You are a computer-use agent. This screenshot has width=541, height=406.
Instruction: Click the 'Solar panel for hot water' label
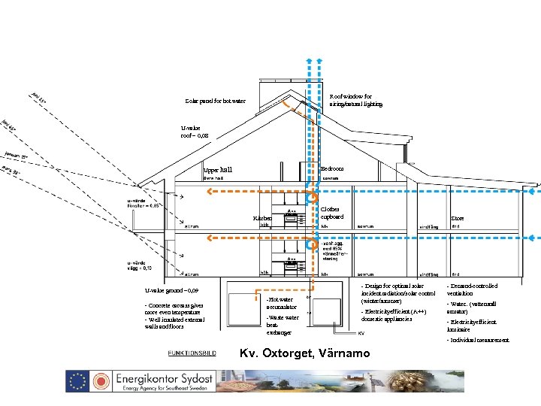215,101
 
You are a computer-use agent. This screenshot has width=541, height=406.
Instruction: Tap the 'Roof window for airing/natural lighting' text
356,100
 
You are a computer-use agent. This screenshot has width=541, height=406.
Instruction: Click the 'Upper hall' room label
219,170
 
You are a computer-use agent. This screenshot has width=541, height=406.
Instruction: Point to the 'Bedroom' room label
331,168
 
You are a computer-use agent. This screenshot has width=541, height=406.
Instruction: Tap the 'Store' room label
457,219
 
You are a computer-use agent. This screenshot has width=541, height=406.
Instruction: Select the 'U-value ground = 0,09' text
172,290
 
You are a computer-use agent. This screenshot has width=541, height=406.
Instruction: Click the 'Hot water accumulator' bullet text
280,302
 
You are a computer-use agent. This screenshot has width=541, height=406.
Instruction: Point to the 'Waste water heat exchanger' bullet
281,325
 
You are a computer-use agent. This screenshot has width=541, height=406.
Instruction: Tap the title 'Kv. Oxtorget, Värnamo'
304,353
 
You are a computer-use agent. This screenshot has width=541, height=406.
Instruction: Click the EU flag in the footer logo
79,381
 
